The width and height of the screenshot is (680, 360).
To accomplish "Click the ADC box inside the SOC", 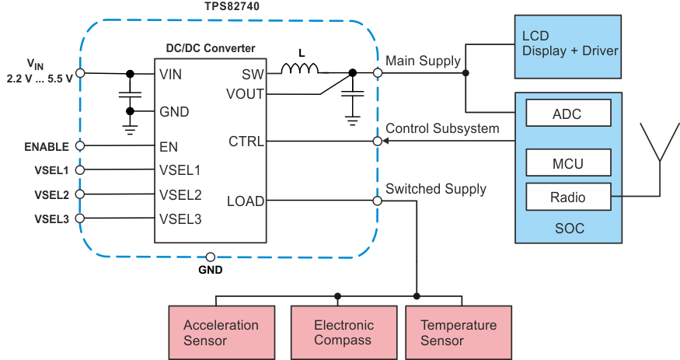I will coord(567,114).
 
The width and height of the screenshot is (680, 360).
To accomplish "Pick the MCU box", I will coord(567,163).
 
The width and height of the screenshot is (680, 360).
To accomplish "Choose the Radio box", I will coord(567,197).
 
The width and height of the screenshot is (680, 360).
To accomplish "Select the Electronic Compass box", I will coord(343,332).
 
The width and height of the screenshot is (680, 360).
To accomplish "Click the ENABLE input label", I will coord(46,146).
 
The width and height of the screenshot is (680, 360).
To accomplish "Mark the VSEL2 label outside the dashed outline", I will coord(51,194).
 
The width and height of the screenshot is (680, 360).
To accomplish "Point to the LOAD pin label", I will coord(245,201).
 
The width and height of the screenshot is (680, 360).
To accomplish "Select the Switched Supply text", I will coord(435,189).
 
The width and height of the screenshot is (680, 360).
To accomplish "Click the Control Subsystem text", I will coord(442,128).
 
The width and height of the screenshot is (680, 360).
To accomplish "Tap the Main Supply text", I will coord(423,61).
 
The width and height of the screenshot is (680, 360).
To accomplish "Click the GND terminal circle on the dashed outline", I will coord(210,257).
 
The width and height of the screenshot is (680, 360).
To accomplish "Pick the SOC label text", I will coord(569,229).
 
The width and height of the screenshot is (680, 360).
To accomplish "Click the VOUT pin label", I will coord(244,94).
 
